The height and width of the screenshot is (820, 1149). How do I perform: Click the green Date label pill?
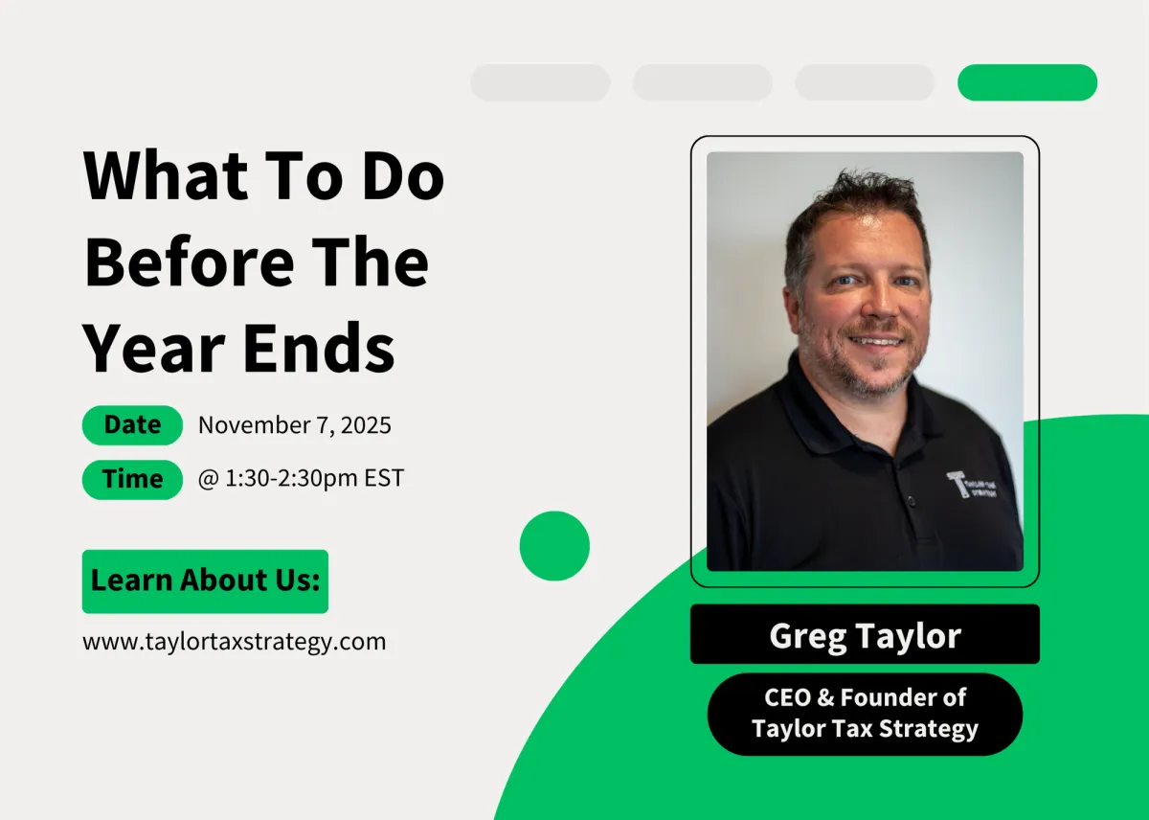[x=132, y=425]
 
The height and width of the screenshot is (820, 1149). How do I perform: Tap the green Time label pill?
[x=132, y=479]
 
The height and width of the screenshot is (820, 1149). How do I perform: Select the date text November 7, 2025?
[x=295, y=425]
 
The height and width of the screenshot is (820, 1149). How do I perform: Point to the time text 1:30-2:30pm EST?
[x=314, y=478]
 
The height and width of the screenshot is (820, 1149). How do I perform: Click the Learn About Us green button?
[x=205, y=581]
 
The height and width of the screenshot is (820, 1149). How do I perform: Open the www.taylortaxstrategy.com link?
[x=235, y=642]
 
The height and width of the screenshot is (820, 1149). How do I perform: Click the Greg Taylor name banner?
[x=865, y=634]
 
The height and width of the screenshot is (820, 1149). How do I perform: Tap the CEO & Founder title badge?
[x=865, y=714]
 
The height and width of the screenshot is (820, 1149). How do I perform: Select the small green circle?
[x=554, y=545]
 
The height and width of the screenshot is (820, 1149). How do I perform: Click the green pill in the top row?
[x=1027, y=82]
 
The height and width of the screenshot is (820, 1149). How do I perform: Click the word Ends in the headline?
[x=319, y=348]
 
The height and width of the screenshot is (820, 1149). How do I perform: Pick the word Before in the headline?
[x=190, y=262]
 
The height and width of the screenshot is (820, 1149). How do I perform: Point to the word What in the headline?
[x=167, y=174]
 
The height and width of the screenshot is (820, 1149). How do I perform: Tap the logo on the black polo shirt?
[x=972, y=485]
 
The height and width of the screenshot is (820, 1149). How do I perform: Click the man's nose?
[x=881, y=302]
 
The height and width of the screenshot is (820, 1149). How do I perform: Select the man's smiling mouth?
[x=877, y=341]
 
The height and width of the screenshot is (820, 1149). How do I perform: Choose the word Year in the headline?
[x=154, y=348]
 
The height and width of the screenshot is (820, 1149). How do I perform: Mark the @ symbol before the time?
[x=209, y=479]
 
